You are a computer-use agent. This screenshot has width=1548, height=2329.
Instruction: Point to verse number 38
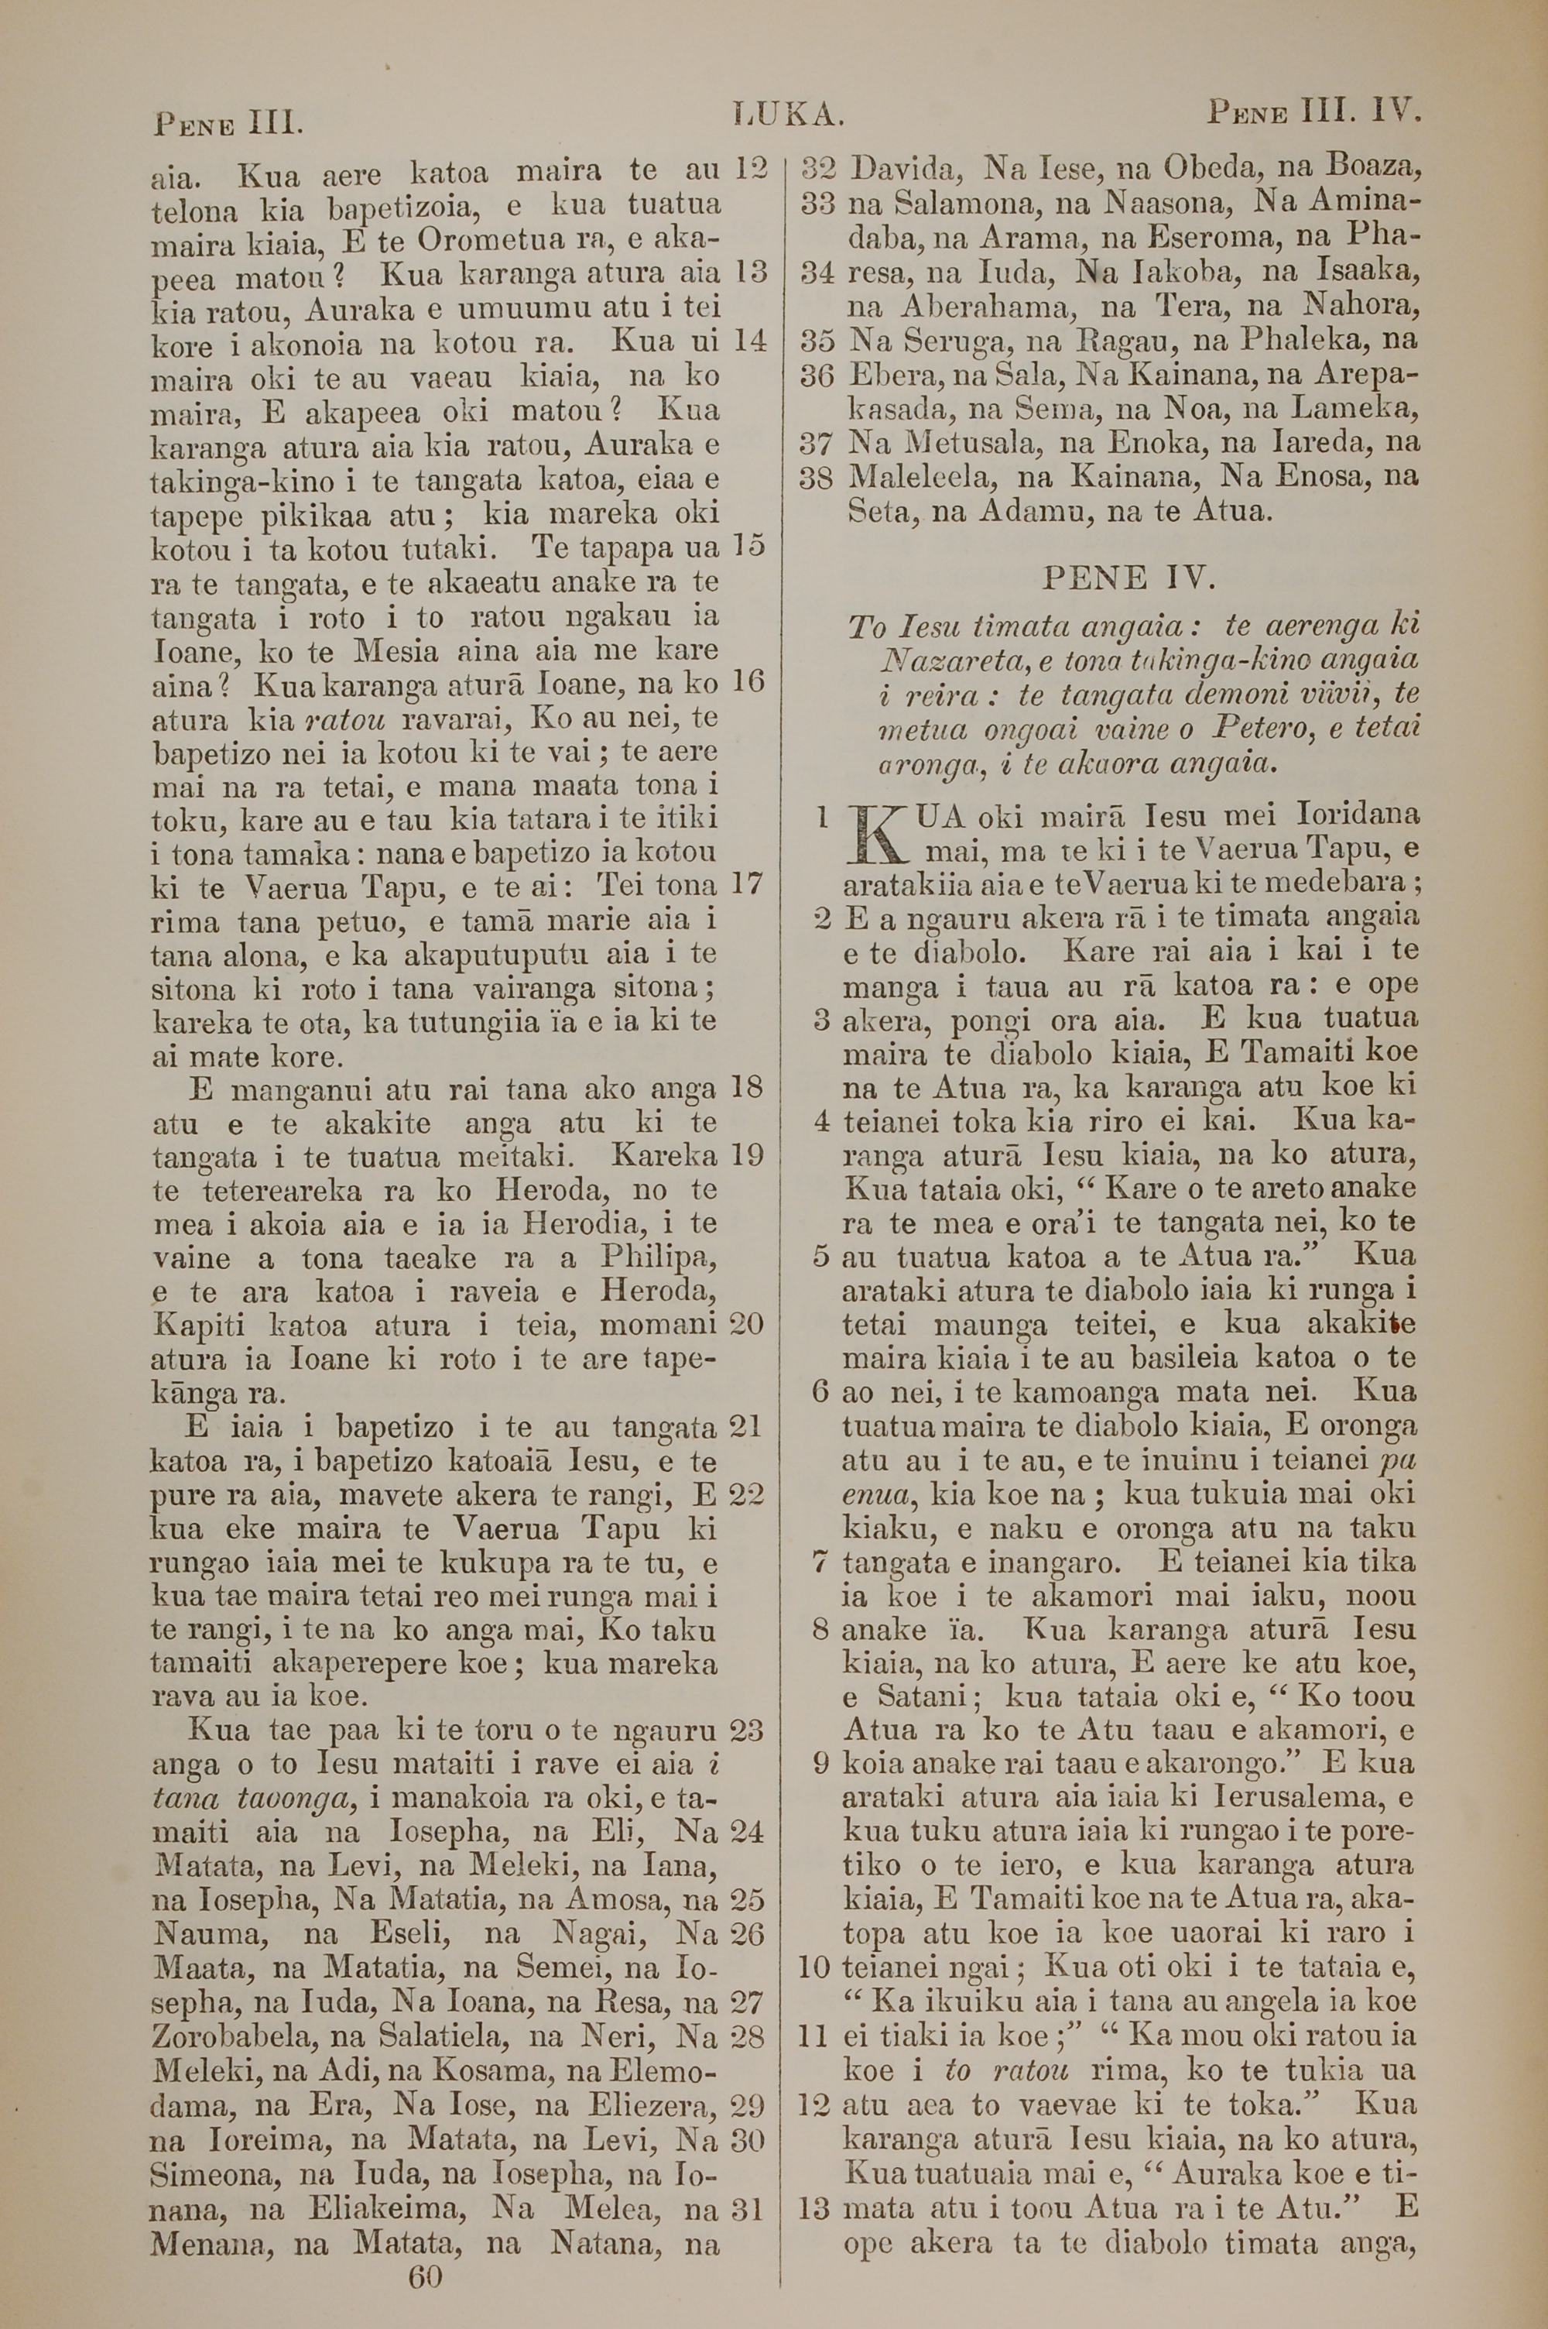point(817,477)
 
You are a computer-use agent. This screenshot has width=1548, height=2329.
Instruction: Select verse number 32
point(817,169)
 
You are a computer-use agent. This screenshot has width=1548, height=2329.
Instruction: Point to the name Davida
point(900,169)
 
